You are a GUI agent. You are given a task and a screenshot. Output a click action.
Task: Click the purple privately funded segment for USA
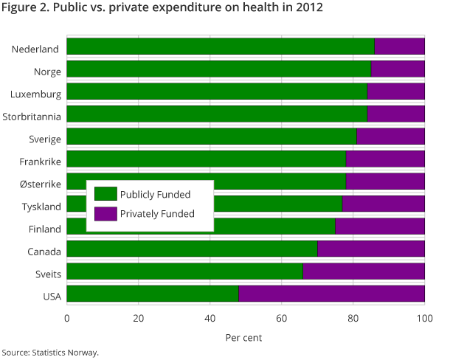point(331,294)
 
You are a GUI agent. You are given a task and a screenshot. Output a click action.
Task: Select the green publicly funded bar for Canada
point(192,249)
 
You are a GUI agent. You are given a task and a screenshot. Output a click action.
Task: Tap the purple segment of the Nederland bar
point(399,46)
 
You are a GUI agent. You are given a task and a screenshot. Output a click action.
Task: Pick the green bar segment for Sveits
point(184,271)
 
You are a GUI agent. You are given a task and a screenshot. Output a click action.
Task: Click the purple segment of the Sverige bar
point(390,136)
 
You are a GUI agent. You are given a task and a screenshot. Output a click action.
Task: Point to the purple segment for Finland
point(380,226)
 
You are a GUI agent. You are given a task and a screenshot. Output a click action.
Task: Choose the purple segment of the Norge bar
point(398,69)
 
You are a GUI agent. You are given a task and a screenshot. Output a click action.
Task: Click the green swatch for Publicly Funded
point(106,195)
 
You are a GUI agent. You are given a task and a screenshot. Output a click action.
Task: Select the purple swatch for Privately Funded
point(106,214)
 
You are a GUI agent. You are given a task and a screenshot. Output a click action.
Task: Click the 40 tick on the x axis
point(210,319)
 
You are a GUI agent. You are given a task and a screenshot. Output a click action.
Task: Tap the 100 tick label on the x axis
point(425,319)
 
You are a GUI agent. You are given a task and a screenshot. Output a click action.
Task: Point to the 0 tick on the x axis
point(67,319)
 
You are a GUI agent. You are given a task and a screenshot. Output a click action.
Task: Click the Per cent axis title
point(243,337)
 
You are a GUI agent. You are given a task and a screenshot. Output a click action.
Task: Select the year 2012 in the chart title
point(304,9)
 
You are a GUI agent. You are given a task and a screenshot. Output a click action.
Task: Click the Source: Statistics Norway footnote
point(49,352)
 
